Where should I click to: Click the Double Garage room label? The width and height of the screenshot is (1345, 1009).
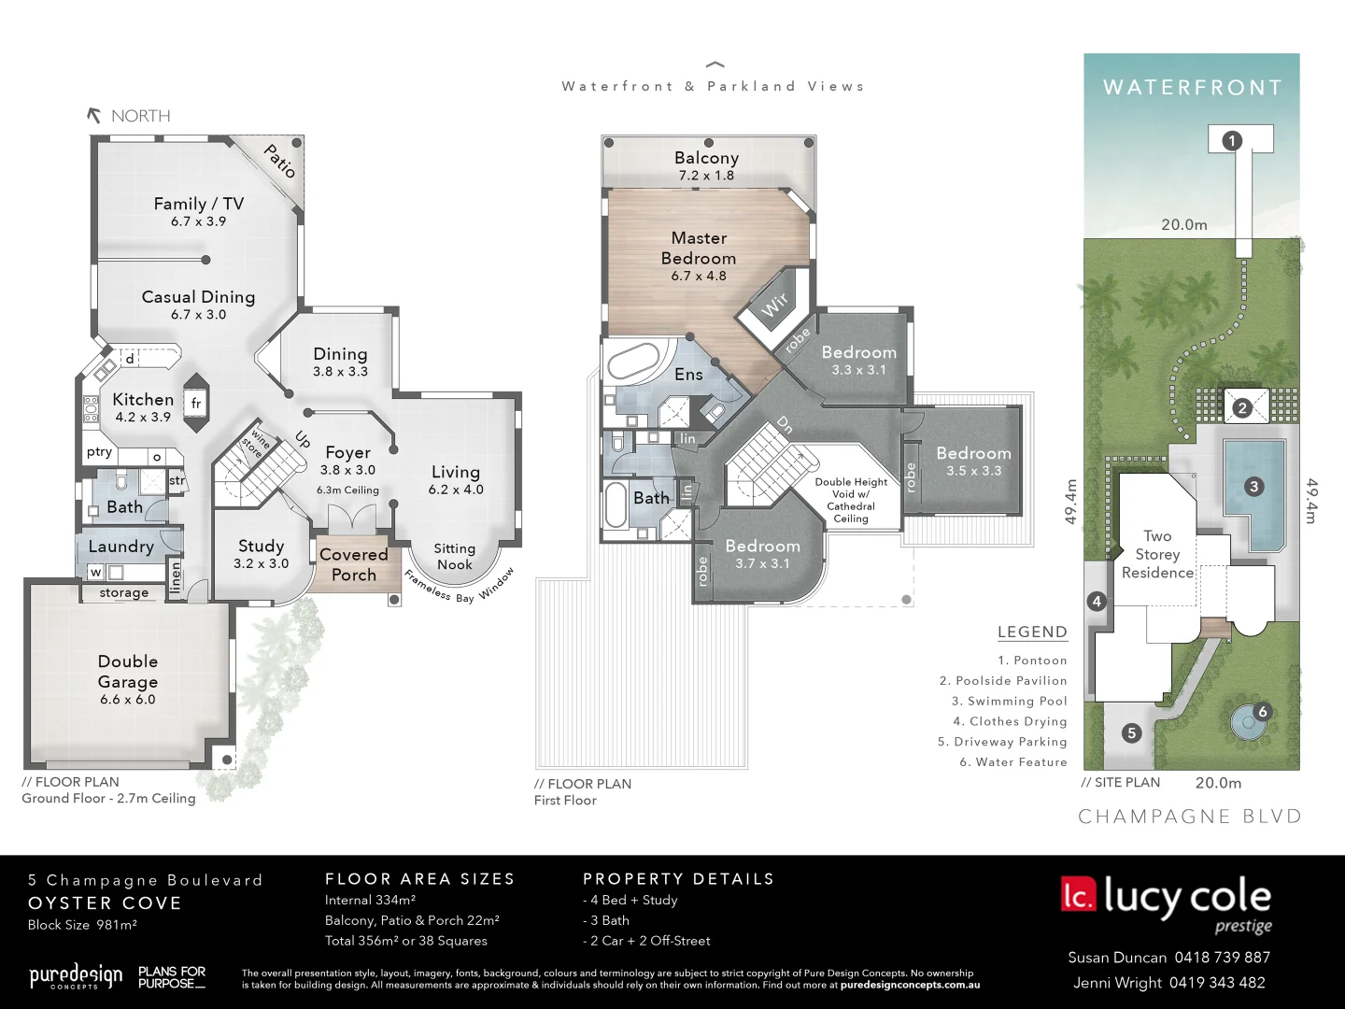pos(128,671)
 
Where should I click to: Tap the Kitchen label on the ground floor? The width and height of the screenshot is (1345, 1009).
pos(143,399)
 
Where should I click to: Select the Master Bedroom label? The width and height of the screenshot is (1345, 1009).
pos(699,248)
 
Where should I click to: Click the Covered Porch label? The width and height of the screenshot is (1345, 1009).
pos(353,564)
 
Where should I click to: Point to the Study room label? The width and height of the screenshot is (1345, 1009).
pos(261,546)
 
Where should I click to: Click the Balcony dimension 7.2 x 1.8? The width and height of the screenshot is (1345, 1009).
pos(706,176)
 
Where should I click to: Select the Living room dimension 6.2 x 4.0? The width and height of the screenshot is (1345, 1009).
pos(456,490)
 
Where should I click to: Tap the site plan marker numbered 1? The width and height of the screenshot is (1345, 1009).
pos(1232,141)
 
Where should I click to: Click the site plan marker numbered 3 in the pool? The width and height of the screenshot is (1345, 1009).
pos(1253,486)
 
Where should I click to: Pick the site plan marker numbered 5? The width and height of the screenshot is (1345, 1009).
pos(1131,732)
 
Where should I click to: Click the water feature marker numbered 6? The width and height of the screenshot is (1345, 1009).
pos(1262,712)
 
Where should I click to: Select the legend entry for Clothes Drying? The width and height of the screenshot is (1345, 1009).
pos(1010,721)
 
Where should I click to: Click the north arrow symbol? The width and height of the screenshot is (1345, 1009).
pos(93,116)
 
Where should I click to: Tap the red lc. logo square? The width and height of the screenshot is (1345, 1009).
pos(1078,894)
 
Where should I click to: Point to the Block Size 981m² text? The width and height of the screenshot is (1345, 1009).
pos(82,925)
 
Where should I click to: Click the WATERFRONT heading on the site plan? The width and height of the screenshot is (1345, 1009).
pos(1192,88)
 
